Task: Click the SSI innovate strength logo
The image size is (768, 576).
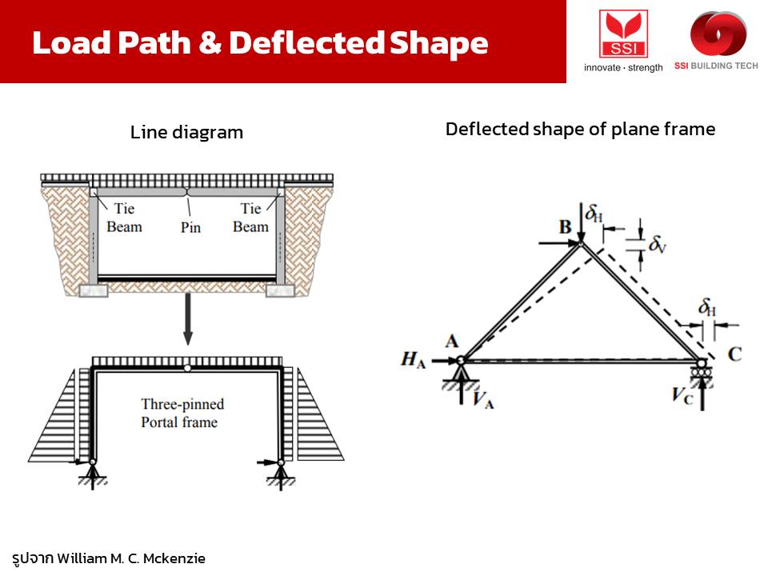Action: point(623,41)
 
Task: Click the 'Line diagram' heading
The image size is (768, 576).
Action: point(186,132)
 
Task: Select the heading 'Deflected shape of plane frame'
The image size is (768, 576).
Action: point(581,130)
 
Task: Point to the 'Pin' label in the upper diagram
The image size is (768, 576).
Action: point(190,227)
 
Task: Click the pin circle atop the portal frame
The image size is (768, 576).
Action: point(187,368)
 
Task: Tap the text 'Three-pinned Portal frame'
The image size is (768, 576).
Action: point(182,413)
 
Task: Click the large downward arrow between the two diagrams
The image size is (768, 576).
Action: point(187,319)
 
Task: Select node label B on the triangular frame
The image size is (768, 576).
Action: point(566,226)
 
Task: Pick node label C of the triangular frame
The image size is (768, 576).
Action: point(734,354)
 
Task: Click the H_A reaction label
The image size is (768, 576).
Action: point(413,359)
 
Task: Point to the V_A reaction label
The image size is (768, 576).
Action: point(483,399)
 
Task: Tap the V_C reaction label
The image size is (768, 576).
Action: point(682,394)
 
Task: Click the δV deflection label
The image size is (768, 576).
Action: point(658,244)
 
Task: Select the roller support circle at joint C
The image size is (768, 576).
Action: point(702,364)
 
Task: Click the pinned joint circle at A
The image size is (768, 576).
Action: point(461,361)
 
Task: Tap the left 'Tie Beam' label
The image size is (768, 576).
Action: point(125,218)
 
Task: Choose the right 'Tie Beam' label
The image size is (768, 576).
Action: point(250,218)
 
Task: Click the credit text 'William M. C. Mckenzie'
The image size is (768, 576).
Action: point(130,558)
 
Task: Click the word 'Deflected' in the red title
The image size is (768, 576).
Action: point(306,42)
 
